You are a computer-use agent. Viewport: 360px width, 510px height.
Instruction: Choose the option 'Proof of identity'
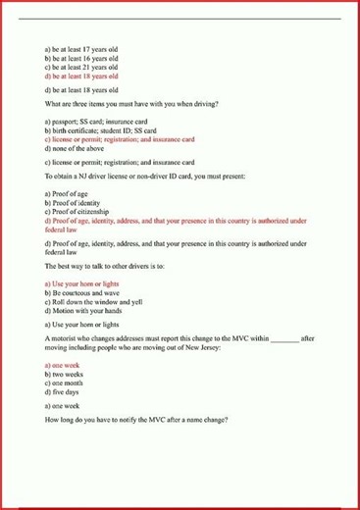click(x=78, y=203)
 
